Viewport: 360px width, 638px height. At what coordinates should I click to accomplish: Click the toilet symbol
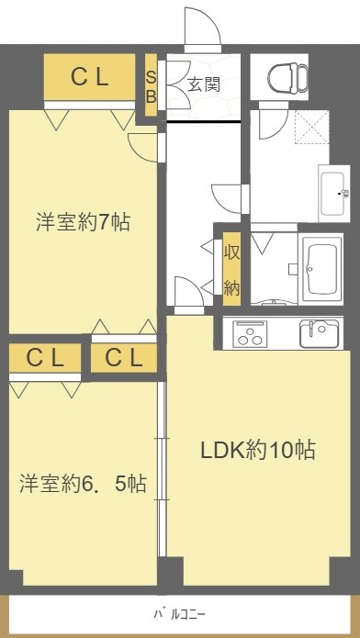pyautogui.click(x=288, y=76)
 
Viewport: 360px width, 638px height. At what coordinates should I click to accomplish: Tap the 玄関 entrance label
pyautogui.click(x=204, y=85)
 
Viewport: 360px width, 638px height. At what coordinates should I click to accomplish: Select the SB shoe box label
pyautogui.click(x=152, y=85)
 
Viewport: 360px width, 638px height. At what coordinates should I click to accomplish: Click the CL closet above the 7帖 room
pyautogui.click(x=90, y=77)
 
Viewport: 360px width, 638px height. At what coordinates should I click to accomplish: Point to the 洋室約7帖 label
pyautogui.click(x=83, y=222)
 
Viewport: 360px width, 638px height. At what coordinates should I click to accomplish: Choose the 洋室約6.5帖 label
pyautogui.click(x=83, y=484)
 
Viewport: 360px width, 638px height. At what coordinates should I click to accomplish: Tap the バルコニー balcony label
pyautogui.click(x=180, y=613)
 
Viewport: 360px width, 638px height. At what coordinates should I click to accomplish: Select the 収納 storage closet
pyautogui.click(x=231, y=269)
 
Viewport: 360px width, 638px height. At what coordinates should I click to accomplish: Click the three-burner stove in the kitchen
pyautogui.click(x=250, y=334)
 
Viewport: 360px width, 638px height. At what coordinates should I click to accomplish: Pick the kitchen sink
pyautogui.click(x=319, y=333)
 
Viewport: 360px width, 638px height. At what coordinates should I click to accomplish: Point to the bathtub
pyautogui.click(x=321, y=269)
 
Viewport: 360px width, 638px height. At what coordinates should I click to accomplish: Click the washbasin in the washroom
pyautogui.click(x=334, y=194)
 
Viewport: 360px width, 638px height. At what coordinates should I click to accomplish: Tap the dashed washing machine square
pyautogui.click(x=312, y=127)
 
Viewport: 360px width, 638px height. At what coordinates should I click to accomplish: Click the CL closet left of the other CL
pyautogui.click(x=45, y=358)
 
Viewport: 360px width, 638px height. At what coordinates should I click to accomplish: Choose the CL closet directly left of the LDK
pyautogui.click(x=124, y=358)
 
